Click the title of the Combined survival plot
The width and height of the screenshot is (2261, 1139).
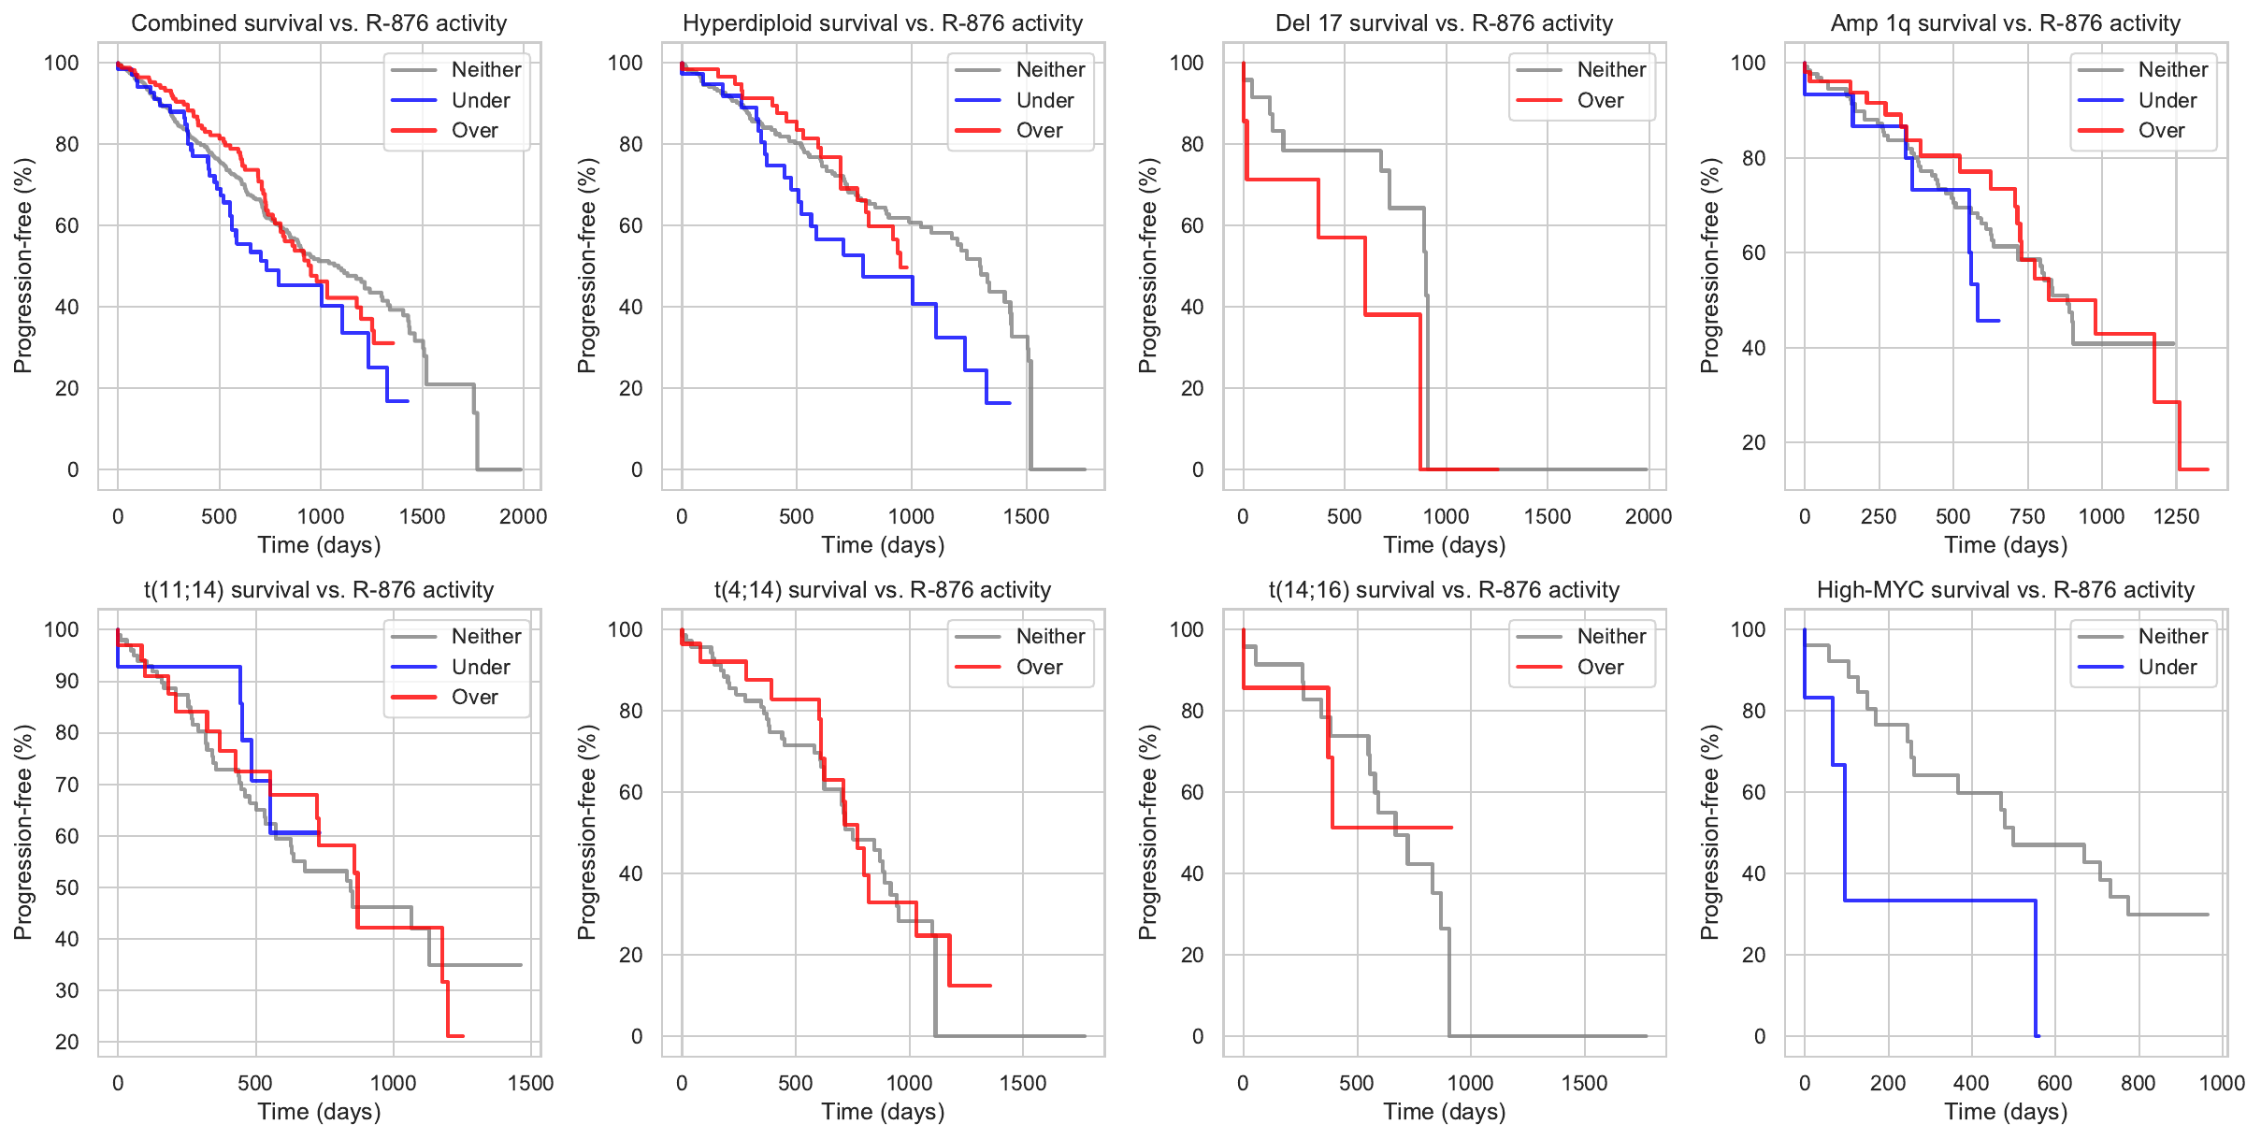[x=319, y=23]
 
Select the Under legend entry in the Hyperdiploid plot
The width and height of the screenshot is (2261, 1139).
[x=1044, y=100]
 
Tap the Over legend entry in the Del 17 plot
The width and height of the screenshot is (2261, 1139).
[x=1600, y=100]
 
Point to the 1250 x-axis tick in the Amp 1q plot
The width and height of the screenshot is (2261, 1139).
[x=2176, y=516]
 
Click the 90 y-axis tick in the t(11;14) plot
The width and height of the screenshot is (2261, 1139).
[x=67, y=681]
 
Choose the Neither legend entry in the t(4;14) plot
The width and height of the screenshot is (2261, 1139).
[x=1050, y=636]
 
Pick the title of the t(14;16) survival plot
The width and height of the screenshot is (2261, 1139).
[x=1444, y=590]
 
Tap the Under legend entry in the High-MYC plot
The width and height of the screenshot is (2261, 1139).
[x=2167, y=667]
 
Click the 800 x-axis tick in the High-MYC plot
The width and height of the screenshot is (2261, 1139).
[x=2139, y=1083]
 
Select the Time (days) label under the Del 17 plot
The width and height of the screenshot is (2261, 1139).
[x=1444, y=545]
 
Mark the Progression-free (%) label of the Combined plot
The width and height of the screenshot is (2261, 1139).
[x=23, y=266]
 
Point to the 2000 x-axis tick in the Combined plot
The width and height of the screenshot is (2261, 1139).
[x=523, y=516]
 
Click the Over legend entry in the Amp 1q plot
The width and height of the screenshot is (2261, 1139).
[x=2161, y=130]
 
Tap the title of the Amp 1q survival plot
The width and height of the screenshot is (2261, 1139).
[x=2005, y=23]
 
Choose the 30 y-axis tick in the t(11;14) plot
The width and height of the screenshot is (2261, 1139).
[x=67, y=990]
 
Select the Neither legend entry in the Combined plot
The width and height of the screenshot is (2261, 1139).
[x=486, y=69]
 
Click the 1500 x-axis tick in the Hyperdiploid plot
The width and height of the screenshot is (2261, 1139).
[x=1026, y=516]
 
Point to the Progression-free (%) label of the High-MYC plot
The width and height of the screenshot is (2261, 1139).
[x=1710, y=832]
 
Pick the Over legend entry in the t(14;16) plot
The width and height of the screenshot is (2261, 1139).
[x=1600, y=667]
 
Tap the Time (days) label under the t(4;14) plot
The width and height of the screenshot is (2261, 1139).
[x=883, y=1112]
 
